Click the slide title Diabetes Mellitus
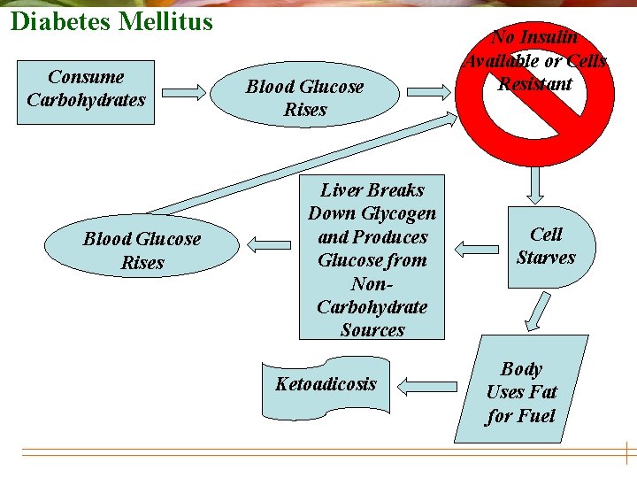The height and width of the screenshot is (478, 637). pyautogui.click(x=111, y=20)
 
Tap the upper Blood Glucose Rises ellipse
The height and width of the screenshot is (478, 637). pyautogui.click(x=304, y=98)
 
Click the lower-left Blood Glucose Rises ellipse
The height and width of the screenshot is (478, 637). pyautogui.click(x=142, y=251)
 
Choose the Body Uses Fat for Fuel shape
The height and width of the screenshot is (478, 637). pyautogui.click(x=521, y=391)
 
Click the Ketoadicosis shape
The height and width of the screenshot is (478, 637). pyautogui.click(x=326, y=385)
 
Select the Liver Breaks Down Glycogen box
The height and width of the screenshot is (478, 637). pyautogui.click(x=372, y=259)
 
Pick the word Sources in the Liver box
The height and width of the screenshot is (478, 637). pyautogui.click(x=372, y=330)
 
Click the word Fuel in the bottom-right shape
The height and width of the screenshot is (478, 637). pyautogui.click(x=535, y=415)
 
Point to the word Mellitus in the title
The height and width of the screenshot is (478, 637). pyautogui.click(x=169, y=20)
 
